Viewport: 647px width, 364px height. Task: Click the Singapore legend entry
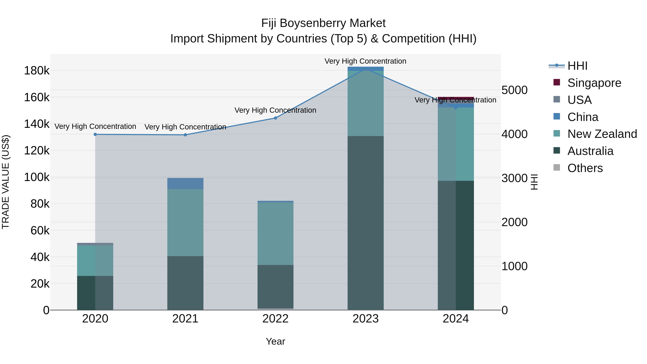tap(594, 83)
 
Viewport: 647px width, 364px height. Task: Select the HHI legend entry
tap(577, 66)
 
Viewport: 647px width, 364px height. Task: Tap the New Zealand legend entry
tap(602, 134)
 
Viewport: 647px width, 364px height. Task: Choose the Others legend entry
tap(585, 168)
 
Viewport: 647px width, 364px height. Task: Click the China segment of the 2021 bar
tap(185, 183)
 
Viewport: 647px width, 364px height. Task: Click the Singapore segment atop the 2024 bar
tap(456, 98)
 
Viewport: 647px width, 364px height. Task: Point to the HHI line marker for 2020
tap(95, 134)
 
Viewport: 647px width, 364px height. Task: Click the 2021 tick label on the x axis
tap(185, 319)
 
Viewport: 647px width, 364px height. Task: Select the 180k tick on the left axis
tap(37, 71)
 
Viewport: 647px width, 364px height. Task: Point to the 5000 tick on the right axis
tap(514, 90)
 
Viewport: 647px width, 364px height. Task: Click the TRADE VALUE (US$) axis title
tap(6, 182)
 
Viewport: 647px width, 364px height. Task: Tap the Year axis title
tap(275, 341)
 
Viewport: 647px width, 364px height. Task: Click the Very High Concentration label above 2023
tap(365, 61)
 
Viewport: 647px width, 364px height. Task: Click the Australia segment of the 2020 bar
tap(95, 293)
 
